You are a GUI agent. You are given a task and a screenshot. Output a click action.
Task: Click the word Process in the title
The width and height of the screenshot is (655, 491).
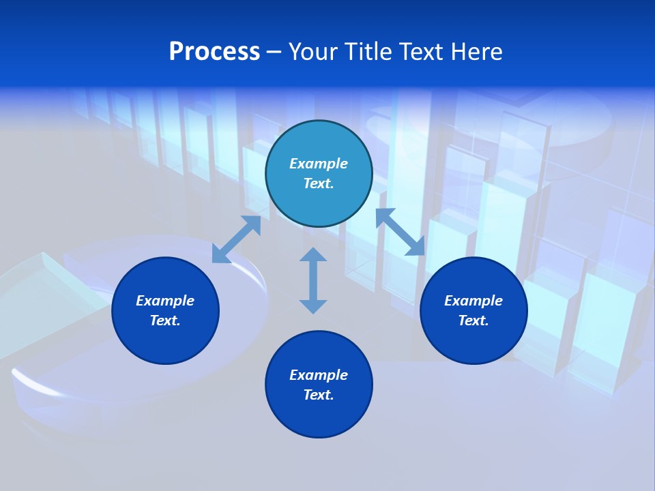click(x=214, y=52)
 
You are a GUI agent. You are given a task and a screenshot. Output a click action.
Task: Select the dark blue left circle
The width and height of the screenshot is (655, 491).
click(x=165, y=341)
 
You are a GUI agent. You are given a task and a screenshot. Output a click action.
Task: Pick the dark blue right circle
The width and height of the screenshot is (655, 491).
click(x=474, y=341)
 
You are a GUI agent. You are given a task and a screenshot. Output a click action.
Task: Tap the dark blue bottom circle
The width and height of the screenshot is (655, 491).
click(x=319, y=416)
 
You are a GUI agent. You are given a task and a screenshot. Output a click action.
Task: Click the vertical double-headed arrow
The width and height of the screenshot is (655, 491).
click(x=313, y=280)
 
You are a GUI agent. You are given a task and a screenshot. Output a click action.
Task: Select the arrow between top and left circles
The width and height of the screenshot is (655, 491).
click(x=236, y=239)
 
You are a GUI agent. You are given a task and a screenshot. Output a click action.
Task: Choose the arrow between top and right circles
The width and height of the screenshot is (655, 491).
click(x=400, y=232)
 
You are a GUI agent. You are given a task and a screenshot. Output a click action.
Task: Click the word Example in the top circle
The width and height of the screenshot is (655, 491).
click(x=319, y=164)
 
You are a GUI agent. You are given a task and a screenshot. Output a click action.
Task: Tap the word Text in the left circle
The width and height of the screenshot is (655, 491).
click(x=165, y=321)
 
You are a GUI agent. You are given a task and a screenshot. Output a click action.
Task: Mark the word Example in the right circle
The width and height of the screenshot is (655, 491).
click(x=474, y=301)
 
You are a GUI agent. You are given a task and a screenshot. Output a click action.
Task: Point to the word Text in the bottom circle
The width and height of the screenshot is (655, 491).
click(x=319, y=395)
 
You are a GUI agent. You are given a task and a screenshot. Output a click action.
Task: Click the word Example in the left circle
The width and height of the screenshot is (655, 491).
click(x=165, y=301)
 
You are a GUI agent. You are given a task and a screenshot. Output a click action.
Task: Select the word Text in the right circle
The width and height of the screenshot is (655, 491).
click(x=474, y=321)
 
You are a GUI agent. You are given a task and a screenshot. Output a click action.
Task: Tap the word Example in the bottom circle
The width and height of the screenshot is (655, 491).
click(x=319, y=375)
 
